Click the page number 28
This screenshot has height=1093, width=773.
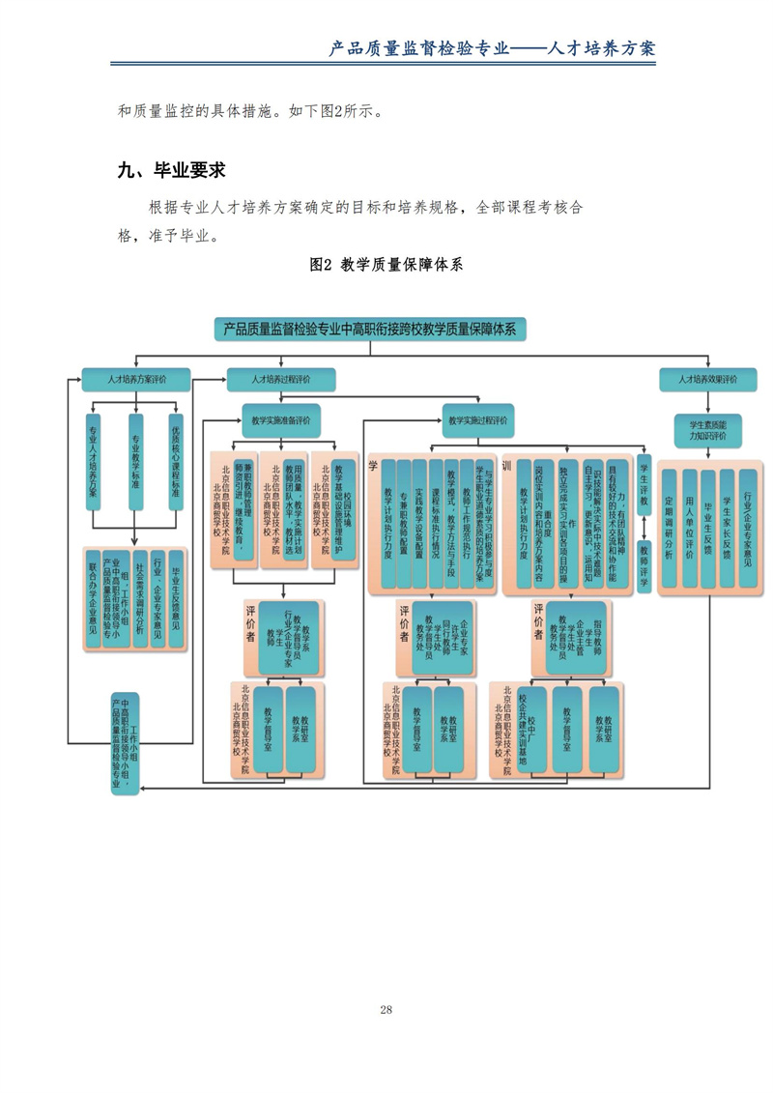tap(386, 1009)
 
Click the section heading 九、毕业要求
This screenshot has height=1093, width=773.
tap(171, 170)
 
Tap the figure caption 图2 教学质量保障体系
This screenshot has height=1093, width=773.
tap(386, 265)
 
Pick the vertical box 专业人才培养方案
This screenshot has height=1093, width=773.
tap(94, 460)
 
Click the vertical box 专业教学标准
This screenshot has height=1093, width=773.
tap(135, 460)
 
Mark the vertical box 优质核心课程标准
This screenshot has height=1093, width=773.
tap(175, 460)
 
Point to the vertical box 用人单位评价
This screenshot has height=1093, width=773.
tap(690, 527)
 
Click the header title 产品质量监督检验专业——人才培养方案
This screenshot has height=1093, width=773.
tap(492, 47)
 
